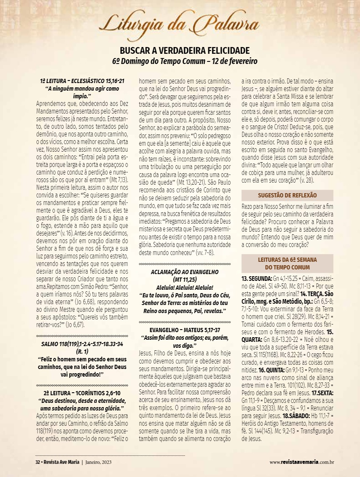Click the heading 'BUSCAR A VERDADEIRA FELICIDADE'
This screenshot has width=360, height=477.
coord(185,50)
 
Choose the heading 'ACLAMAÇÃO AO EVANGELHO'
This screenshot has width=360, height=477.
coord(185,272)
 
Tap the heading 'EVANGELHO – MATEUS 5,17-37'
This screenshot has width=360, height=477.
coord(185,329)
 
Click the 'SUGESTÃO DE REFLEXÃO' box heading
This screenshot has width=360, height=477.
coord(287,195)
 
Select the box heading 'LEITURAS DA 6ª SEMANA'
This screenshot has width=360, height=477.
coord(287,259)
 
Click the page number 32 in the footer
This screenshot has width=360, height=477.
coord(37,461)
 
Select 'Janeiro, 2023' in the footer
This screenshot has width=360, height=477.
coord(100,461)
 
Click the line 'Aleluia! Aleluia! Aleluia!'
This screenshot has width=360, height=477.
coord(185,287)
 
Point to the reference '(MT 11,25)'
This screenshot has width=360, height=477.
coord(185,279)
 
